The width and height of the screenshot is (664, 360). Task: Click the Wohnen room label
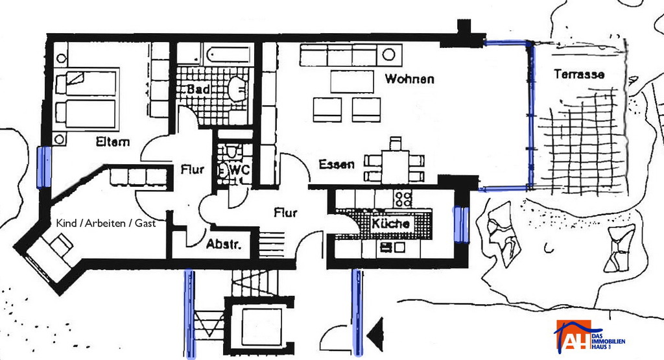tap(409, 78)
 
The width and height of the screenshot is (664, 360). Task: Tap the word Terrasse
tap(579, 75)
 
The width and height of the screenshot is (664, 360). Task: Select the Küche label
tap(390, 223)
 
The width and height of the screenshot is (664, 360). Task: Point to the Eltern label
tap(113, 141)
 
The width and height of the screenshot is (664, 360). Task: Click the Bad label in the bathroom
tap(198, 89)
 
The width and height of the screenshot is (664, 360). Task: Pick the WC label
tap(239, 170)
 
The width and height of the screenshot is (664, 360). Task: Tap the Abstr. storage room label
tap(224, 245)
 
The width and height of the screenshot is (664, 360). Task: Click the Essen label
tap(337, 164)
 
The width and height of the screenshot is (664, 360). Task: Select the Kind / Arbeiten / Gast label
tap(106, 223)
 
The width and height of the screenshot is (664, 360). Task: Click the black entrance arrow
tap(375, 335)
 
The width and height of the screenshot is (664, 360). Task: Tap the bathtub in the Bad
tap(229, 54)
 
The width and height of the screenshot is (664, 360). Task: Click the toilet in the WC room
tap(232, 151)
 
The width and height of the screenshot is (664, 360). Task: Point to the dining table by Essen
tap(395, 167)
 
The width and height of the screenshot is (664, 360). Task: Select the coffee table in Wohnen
tap(352, 81)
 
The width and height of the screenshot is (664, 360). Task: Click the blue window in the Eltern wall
tap(44, 167)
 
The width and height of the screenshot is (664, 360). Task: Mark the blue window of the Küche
tap(461, 224)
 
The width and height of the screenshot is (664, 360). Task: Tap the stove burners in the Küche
tap(403, 198)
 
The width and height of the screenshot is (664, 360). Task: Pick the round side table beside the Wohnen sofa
tap(389, 54)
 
